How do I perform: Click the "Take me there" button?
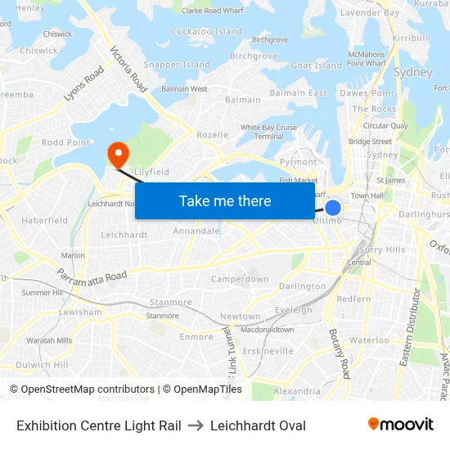[225, 201]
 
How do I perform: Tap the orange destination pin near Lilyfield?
[118, 152]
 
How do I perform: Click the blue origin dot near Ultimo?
[333, 208]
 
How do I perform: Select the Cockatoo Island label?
[207, 32]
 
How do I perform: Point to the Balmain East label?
[299, 93]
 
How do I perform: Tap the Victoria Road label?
[128, 68]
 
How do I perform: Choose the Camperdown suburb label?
[240, 279]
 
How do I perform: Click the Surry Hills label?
[382, 250]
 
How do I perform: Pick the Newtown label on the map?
[240, 317]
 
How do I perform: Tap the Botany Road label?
[339, 353]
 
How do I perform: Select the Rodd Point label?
[65, 142]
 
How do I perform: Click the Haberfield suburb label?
[45, 221]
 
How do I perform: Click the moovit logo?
[400, 425]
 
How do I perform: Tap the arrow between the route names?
[196, 425]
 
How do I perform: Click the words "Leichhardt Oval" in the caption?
[258, 425]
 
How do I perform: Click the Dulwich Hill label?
[42, 365]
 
